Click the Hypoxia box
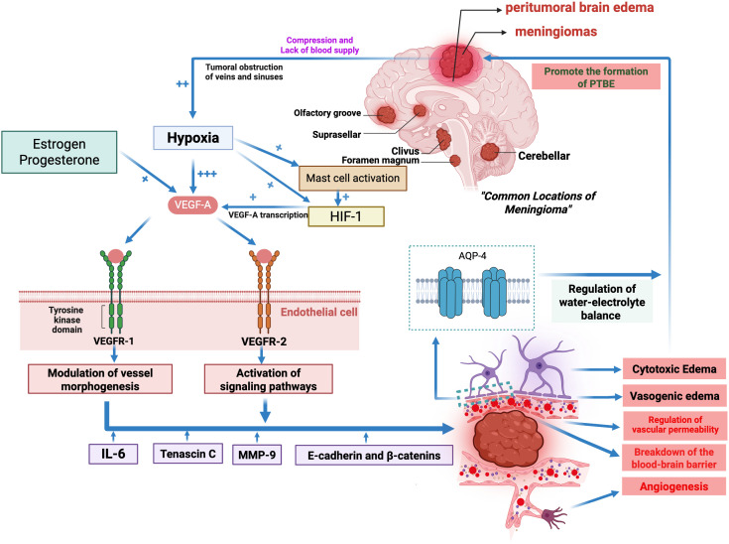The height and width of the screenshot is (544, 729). click(193, 138)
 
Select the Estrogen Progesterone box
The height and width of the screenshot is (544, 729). click(60, 152)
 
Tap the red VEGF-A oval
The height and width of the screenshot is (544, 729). click(193, 204)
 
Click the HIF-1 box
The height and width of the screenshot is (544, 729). click(346, 216)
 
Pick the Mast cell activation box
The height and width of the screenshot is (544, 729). click(352, 179)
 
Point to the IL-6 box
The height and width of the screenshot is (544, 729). click(113, 454)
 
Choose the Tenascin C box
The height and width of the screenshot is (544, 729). click(187, 454)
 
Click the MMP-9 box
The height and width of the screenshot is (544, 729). click(257, 455)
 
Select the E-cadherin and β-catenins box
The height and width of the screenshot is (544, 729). click(374, 455)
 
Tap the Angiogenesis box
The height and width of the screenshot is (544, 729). click(673, 486)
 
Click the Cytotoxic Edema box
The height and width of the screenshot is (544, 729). click(673, 369)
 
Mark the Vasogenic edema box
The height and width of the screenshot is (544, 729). click(674, 396)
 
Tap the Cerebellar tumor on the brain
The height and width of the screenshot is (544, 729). click(490, 152)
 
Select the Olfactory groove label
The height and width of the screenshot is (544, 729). click(327, 113)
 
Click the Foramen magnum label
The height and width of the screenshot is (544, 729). click(380, 161)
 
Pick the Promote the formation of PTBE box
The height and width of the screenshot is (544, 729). click(596, 76)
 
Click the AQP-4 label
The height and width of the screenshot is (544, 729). click(472, 256)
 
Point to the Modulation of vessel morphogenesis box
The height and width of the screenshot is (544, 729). click(100, 379)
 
